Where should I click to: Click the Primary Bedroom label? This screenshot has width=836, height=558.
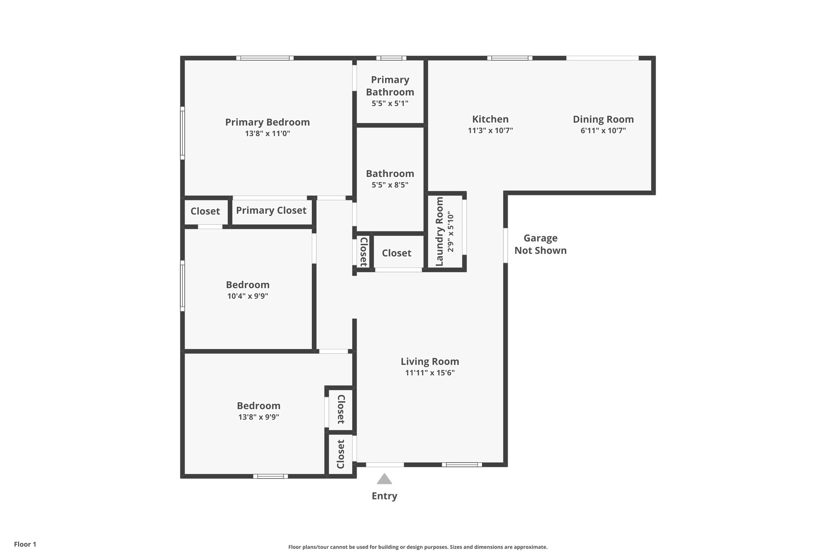tap(267, 122)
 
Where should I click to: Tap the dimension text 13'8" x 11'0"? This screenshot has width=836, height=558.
tap(267, 133)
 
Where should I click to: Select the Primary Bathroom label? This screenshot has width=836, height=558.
tap(390, 86)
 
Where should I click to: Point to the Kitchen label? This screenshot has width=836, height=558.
tap(490, 119)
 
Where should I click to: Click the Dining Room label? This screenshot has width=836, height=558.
tap(603, 119)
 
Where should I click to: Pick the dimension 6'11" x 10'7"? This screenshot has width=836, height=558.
tap(603, 131)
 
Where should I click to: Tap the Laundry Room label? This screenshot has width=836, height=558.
tap(440, 231)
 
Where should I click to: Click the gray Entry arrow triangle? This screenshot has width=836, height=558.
tap(384, 479)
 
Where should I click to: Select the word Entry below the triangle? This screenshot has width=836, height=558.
tap(384, 496)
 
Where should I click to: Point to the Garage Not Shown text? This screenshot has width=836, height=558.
tap(540, 244)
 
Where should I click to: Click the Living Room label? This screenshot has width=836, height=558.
tap(429, 361)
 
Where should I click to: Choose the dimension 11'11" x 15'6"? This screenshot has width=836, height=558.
tap(429, 373)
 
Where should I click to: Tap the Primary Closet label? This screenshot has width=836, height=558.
tap(271, 211)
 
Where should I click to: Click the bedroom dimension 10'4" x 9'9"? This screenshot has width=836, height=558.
tap(247, 296)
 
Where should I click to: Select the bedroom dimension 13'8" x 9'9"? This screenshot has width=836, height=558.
tap(258, 417)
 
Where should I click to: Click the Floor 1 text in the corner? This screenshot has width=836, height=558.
tap(25, 544)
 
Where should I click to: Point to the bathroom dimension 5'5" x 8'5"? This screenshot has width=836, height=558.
tap(390, 185)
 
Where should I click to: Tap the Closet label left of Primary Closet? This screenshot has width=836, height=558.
tap(205, 211)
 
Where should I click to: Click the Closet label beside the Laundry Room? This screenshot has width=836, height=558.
tap(396, 253)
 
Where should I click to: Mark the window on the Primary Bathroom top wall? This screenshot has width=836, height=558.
tap(391, 58)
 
